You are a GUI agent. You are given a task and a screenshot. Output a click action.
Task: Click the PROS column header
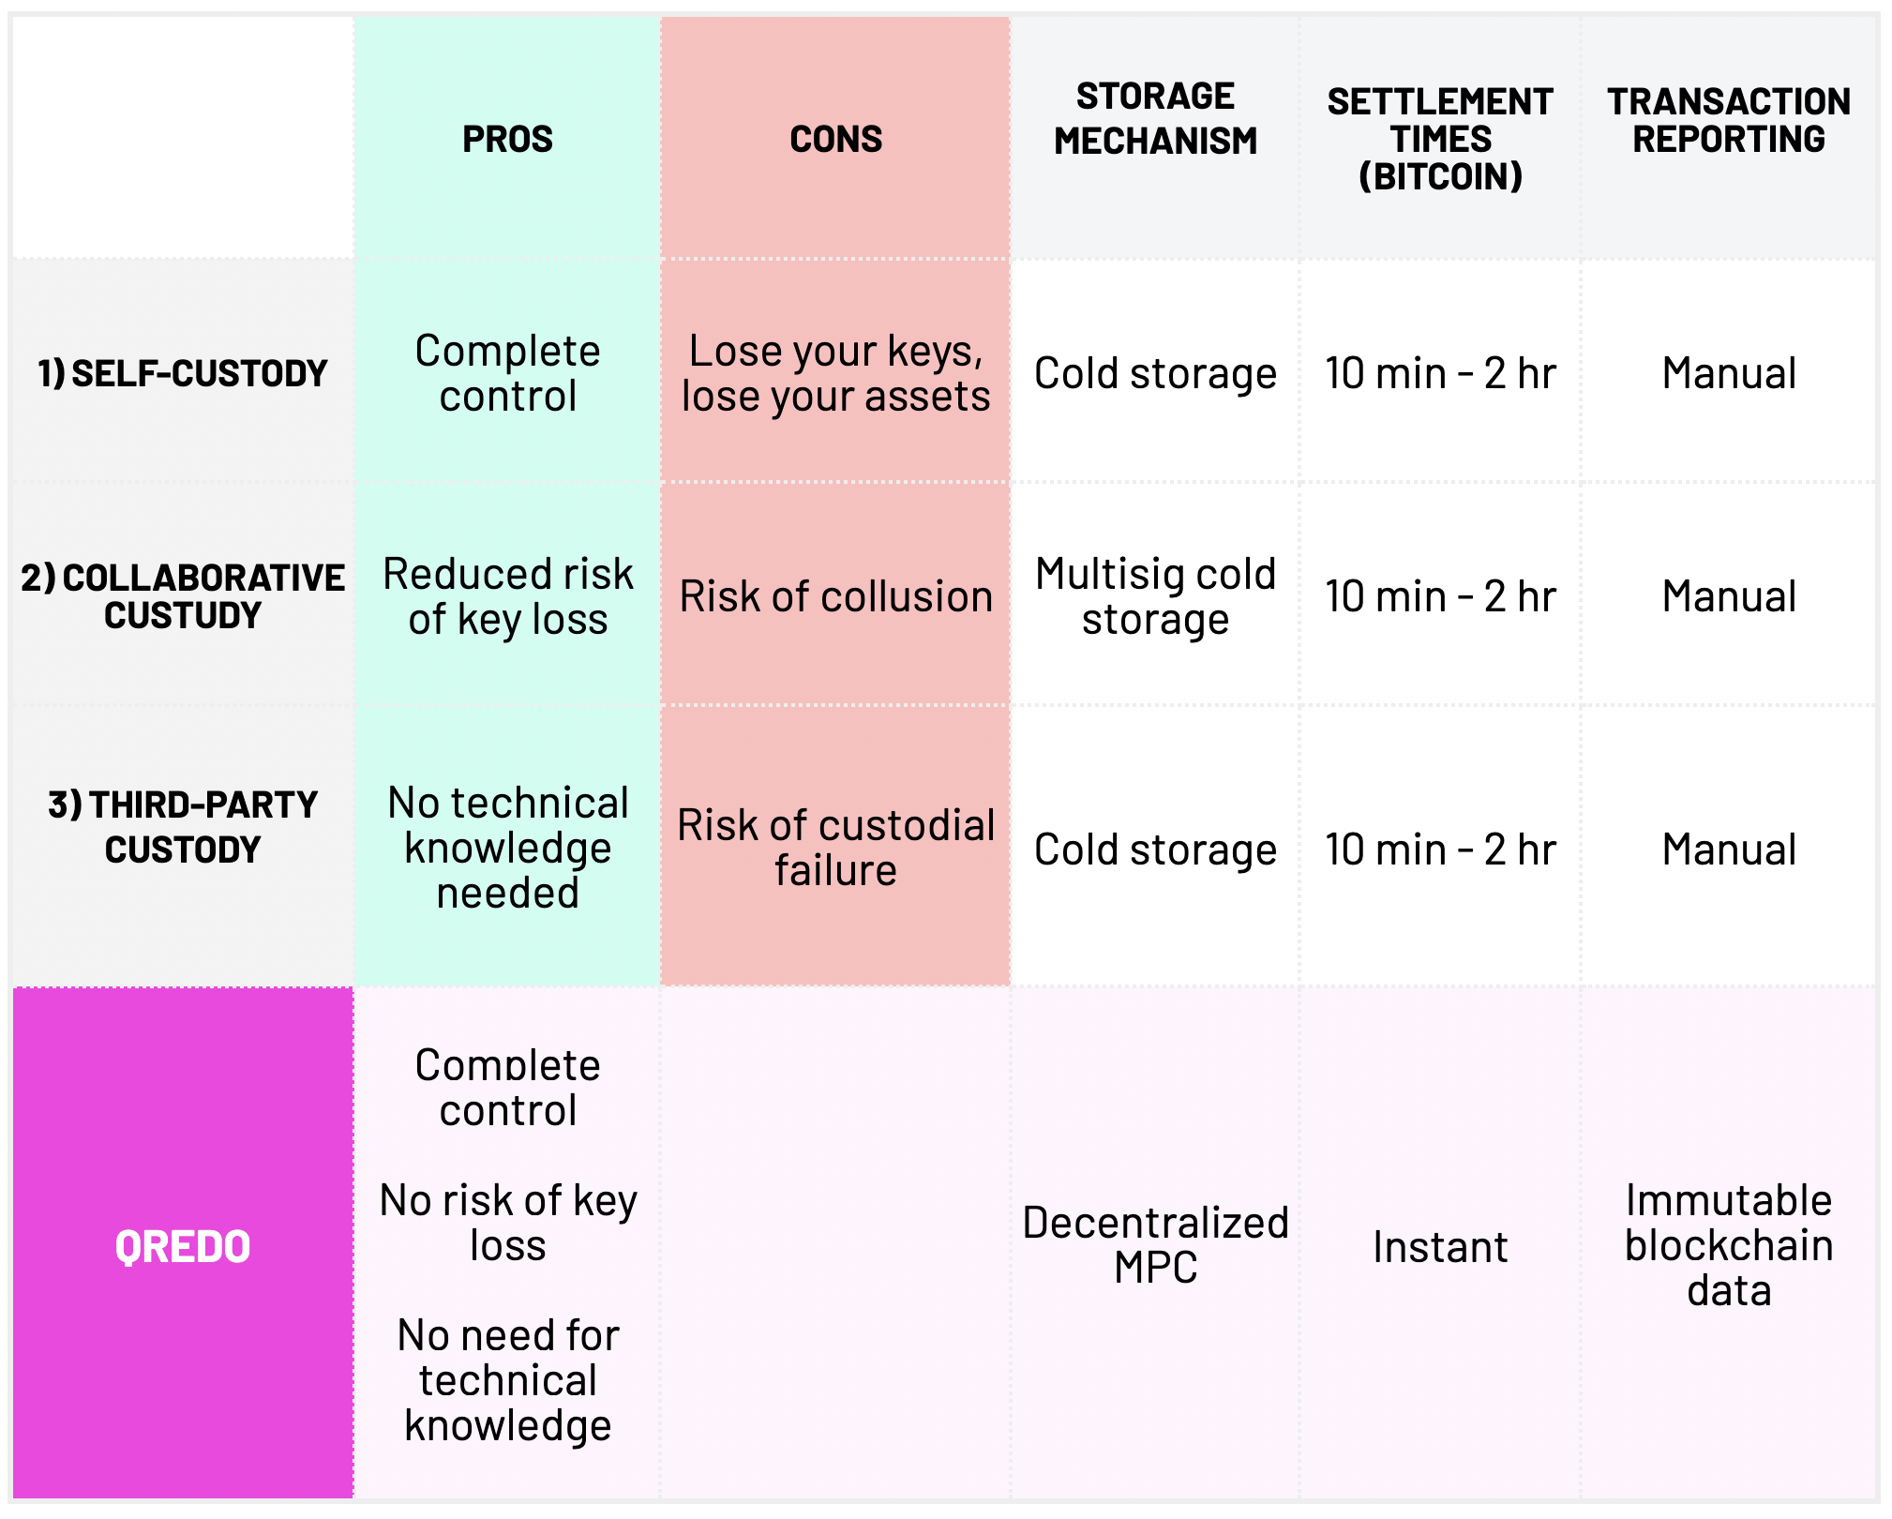point(507,139)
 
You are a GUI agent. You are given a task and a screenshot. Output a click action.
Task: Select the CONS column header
point(835,139)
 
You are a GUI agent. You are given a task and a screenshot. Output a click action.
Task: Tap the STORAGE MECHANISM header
point(1155,119)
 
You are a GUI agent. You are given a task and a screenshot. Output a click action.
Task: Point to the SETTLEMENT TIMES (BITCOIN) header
point(1440,139)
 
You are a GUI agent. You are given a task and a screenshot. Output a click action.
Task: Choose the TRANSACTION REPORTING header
point(1729,120)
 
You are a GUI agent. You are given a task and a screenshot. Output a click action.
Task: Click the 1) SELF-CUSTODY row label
point(183,373)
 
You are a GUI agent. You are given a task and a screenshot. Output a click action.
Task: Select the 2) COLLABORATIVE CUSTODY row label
point(183,596)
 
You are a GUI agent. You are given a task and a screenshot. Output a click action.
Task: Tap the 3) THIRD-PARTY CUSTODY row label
point(183,827)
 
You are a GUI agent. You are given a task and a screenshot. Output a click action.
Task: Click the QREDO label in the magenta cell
point(183,1247)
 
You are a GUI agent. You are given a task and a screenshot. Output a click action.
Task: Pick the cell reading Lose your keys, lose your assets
point(835,373)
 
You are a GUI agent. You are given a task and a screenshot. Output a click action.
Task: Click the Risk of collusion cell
point(835,596)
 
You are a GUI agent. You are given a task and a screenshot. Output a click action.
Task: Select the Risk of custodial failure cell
point(835,848)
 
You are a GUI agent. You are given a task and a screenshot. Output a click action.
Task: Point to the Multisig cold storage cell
point(1155,596)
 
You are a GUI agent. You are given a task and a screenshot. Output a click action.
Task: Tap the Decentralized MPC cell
point(1155,1245)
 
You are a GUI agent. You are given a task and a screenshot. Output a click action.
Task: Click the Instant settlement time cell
point(1440,1247)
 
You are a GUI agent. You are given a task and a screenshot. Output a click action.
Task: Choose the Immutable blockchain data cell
point(1729,1245)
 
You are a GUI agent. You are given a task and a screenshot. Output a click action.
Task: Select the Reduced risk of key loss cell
point(507,596)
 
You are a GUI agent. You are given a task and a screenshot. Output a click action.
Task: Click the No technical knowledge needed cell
point(507,848)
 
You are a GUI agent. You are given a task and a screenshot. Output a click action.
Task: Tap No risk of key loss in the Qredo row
point(507,1223)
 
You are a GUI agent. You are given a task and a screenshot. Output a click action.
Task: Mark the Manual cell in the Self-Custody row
point(1729,373)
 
